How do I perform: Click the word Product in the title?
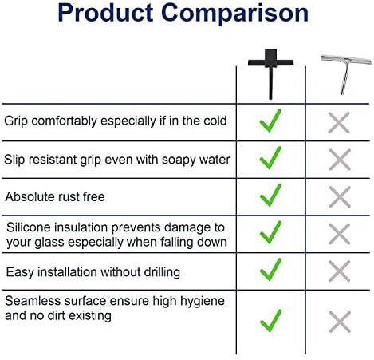(x=105, y=13)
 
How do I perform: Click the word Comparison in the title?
(x=234, y=14)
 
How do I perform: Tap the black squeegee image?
(x=270, y=73)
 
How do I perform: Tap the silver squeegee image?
(x=346, y=74)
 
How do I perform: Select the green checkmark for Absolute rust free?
(x=270, y=195)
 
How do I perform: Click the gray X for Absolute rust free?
(x=340, y=197)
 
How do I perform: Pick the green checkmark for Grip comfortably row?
(x=270, y=121)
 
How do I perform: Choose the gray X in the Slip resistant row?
(x=340, y=160)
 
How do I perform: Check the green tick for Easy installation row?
(x=270, y=270)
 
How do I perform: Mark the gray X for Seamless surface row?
(x=340, y=322)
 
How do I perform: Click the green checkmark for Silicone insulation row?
(x=270, y=232)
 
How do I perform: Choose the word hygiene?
(x=203, y=302)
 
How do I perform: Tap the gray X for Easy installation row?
(x=340, y=271)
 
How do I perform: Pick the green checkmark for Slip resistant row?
(x=270, y=158)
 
